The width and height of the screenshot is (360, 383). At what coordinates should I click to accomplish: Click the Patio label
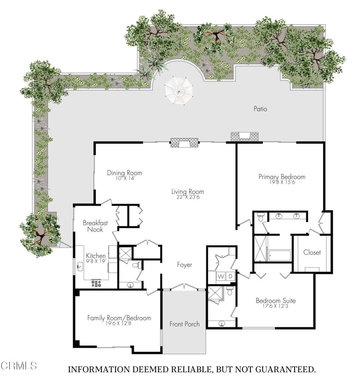click(260, 109)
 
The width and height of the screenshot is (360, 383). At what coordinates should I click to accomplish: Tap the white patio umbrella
click(179, 91)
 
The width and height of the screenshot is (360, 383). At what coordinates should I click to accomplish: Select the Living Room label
click(187, 191)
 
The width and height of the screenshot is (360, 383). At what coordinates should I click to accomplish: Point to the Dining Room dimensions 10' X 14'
click(125, 178)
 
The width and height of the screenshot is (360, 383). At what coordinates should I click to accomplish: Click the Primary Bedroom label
click(282, 177)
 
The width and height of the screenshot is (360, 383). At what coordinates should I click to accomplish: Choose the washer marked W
click(221, 276)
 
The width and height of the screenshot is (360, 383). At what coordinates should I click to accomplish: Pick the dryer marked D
click(230, 276)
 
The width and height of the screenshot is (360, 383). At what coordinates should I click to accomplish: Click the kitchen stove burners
click(96, 284)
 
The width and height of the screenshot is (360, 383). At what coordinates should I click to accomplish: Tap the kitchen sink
click(80, 267)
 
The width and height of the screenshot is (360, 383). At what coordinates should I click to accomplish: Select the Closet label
click(312, 252)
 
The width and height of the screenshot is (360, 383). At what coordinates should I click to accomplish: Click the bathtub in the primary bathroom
click(280, 256)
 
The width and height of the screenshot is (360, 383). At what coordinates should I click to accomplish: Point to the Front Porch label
click(185, 324)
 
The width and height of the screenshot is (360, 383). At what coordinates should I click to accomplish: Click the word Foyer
click(185, 265)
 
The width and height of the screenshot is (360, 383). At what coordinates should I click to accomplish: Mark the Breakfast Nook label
click(95, 226)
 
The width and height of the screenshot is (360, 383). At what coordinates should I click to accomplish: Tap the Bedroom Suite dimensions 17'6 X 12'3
click(275, 306)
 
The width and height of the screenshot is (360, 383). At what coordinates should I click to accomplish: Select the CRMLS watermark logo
click(19, 366)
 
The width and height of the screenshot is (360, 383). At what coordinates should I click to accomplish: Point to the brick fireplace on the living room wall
click(184, 143)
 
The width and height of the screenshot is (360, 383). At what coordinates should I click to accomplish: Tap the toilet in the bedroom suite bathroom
click(230, 291)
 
